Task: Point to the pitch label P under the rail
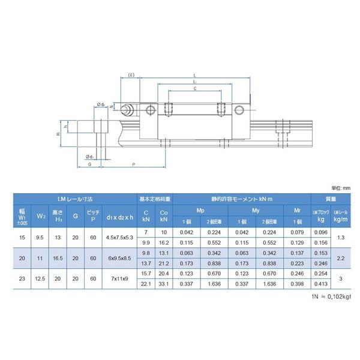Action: [133, 163]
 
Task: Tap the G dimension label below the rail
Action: [89, 163]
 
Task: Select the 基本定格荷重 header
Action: [155, 199]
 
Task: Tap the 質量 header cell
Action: [331, 199]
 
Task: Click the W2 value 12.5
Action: [41, 279]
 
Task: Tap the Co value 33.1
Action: [164, 284]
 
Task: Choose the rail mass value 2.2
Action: [341, 258]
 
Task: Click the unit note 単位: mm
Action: [341, 188]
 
